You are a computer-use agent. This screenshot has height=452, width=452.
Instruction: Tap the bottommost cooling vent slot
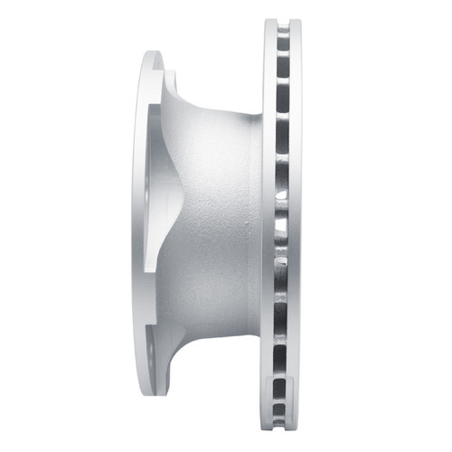pyautogui.click(x=283, y=419)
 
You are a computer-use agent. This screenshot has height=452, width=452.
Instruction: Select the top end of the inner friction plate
pyautogui.click(x=270, y=24)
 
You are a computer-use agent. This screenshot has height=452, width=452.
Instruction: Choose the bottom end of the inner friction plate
pyautogui.click(x=270, y=428)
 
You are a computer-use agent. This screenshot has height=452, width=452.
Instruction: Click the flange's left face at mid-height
pyautogui.click(x=138, y=226)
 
